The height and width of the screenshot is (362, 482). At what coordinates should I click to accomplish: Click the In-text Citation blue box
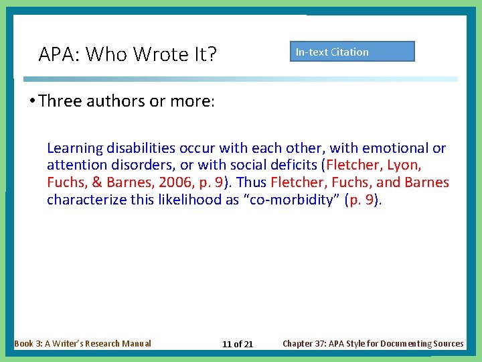352,52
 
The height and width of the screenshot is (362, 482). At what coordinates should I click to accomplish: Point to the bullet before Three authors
32,101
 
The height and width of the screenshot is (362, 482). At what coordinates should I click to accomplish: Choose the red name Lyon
404,165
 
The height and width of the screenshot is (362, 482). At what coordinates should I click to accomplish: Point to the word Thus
252,182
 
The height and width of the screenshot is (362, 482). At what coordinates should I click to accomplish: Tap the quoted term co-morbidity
293,200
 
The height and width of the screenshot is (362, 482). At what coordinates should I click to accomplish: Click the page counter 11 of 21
238,344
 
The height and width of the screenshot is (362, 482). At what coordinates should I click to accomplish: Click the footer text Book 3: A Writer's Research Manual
82,343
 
